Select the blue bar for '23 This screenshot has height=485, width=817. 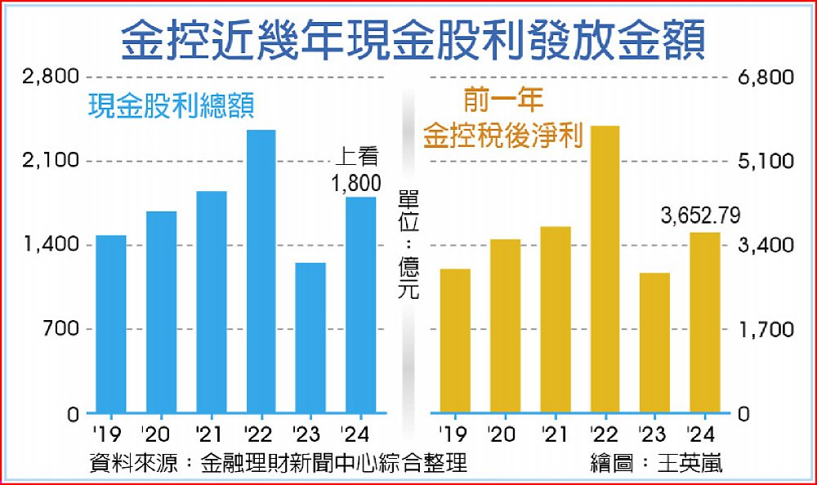[x=310, y=338]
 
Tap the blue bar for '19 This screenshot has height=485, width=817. [x=111, y=324]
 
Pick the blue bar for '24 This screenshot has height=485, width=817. [x=361, y=305]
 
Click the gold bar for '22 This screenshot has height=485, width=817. [x=605, y=269]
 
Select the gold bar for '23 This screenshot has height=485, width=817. [x=654, y=343]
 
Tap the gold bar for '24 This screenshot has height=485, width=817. [x=704, y=323]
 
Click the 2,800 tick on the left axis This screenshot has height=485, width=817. [x=51, y=78]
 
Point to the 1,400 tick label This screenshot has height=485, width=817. [x=51, y=246]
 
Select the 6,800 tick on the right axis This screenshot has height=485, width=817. [x=766, y=78]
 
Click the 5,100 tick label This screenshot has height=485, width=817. [x=766, y=162]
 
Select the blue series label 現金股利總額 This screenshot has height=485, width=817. [x=171, y=105]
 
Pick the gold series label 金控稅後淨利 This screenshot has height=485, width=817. [x=502, y=136]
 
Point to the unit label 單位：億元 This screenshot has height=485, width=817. [x=408, y=245]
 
